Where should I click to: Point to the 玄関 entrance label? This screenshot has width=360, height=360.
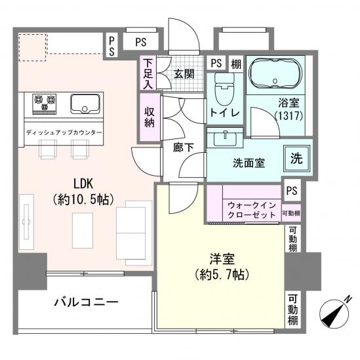[183, 74]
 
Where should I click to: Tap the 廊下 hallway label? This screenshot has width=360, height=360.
[184, 148]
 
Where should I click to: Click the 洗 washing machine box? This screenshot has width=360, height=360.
[296, 158]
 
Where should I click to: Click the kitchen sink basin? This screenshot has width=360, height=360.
[86, 103]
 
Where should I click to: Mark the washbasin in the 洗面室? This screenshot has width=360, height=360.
[225, 138]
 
